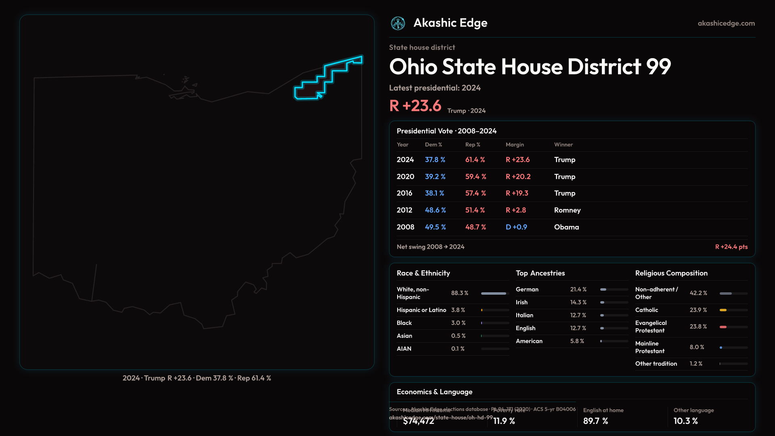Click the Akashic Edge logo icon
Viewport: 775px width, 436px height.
click(x=398, y=23)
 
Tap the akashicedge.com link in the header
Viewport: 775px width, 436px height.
click(x=726, y=23)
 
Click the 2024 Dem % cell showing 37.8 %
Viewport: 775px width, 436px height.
click(x=435, y=160)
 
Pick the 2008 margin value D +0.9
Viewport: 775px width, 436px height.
click(x=516, y=227)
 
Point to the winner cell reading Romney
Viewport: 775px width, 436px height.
click(x=567, y=210)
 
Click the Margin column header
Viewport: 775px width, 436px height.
click(x=515, y=145)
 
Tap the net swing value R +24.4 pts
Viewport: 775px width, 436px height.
click(x=731, y=247)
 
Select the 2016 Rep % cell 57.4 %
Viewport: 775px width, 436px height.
click(x=475, y=193)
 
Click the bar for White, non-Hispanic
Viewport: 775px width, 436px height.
click(x=494, y=293)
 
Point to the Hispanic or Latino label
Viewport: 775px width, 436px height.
click(x=421, y=310)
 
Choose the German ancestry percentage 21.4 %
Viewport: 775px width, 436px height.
click(x=578, y=289)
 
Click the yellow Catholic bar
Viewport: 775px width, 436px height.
click(x=723, y=310)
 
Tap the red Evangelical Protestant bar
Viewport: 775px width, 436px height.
click(x=723, y=327)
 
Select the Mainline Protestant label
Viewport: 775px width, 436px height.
click(x=650, y=347)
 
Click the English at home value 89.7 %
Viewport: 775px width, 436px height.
click(x=595, y=421)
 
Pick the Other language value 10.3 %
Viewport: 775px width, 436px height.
click(x=685, y=421)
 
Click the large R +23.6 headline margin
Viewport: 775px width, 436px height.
click(x=415, y=106)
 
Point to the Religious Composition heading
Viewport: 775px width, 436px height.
click(x=671, y=273)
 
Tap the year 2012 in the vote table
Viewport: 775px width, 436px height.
click(x=404, y=210)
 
